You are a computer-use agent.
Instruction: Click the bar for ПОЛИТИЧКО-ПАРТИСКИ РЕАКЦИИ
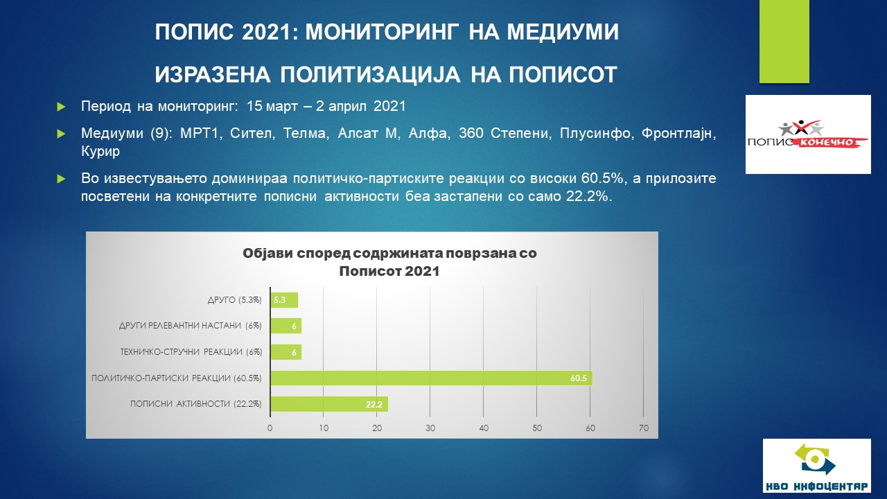[x=431, y=378]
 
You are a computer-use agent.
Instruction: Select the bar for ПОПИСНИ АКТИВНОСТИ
[x=329, y=404]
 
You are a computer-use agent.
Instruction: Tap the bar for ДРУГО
[x=284, y=300]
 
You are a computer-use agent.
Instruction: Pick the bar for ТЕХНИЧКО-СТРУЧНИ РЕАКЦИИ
[x=286, y=352]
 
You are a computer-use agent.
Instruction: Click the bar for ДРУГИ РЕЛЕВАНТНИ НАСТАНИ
[x=286, y=326]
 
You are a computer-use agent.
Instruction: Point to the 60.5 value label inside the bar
[x=579, y=378]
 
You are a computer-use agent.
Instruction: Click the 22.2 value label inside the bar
[x=374, y=404]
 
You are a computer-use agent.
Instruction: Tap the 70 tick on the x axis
[x=644, y=428]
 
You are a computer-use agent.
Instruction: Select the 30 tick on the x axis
[x=430, y=428]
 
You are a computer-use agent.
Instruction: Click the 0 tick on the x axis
[x=270, y=428]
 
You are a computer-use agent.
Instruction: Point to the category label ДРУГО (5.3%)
[x=235, y=300]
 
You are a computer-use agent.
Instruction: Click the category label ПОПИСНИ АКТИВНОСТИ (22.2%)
[x=196, y=404]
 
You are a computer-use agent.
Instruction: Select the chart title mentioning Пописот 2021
[x=389, y=262]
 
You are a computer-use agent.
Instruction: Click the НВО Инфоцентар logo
[x=817, y=466]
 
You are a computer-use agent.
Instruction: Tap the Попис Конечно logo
[x=808, y=134]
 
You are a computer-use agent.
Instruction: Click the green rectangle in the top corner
[x=784, y=42]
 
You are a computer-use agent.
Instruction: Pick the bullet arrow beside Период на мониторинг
[x=61, y=107]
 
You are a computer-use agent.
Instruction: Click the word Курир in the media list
[x=100, y=151]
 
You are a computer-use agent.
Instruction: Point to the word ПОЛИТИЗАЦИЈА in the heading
[x=371, y=74]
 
